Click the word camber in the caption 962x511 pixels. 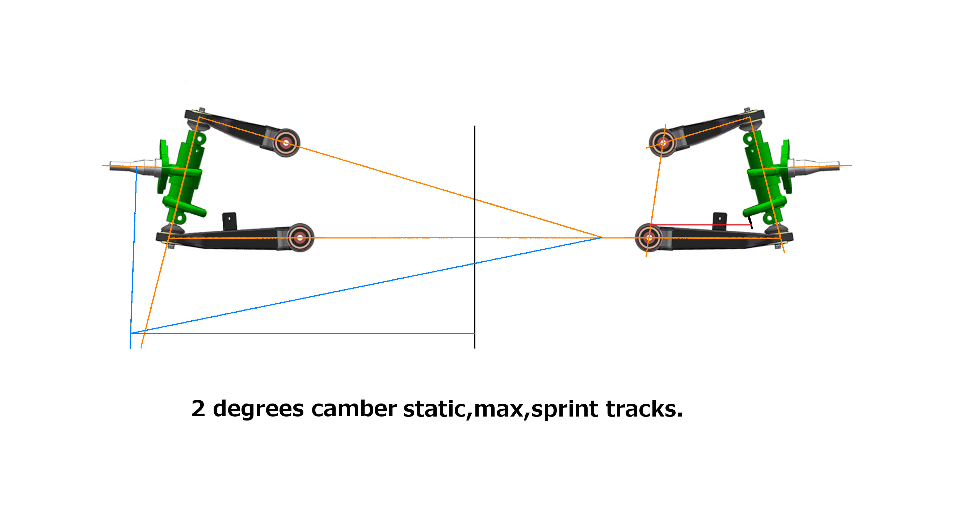coord(354,409)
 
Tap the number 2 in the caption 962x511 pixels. coord(198,409)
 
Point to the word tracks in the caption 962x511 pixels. coord(643,409)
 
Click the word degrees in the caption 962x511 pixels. coord(258,409)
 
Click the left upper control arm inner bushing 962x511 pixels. coord(286,143)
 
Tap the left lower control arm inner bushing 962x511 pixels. coord(300,237)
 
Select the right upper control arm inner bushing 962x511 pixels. coord(663,143)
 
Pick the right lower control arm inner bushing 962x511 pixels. coord(649,237)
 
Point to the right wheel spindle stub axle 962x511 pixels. coord(818,166)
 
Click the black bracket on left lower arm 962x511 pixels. coord(229,221)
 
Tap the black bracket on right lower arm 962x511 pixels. coord(720,221)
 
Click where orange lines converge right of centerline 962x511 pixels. coord(602,237)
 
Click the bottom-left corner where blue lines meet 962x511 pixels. coord(131,333)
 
